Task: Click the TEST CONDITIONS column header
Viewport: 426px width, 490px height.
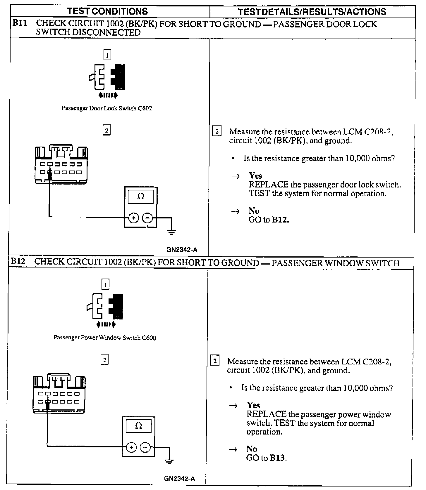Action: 107,11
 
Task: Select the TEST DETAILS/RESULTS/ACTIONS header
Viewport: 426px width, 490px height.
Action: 312,12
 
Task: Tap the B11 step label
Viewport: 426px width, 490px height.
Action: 20,23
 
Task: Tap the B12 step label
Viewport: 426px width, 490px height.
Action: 18,261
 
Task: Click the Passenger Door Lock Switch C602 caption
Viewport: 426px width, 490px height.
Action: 106,108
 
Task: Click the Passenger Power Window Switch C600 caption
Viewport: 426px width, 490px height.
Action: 104,338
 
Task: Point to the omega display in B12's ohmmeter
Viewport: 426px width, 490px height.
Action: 139,426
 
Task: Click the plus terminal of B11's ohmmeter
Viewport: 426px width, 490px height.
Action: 134,218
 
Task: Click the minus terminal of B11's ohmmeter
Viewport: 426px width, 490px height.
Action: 147,218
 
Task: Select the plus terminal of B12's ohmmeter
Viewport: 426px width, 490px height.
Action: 131,447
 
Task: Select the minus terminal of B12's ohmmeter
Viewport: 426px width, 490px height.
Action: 145,447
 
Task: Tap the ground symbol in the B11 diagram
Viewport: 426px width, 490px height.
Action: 171,232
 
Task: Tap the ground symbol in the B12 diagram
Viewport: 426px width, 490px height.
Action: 169,461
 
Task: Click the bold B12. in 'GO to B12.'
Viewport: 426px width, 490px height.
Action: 280,220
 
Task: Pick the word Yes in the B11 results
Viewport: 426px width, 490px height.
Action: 255,176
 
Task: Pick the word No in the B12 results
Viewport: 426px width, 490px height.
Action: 252,449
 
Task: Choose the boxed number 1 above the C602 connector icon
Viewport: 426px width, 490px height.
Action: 107,55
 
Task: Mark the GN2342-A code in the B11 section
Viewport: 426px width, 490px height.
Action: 182,250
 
